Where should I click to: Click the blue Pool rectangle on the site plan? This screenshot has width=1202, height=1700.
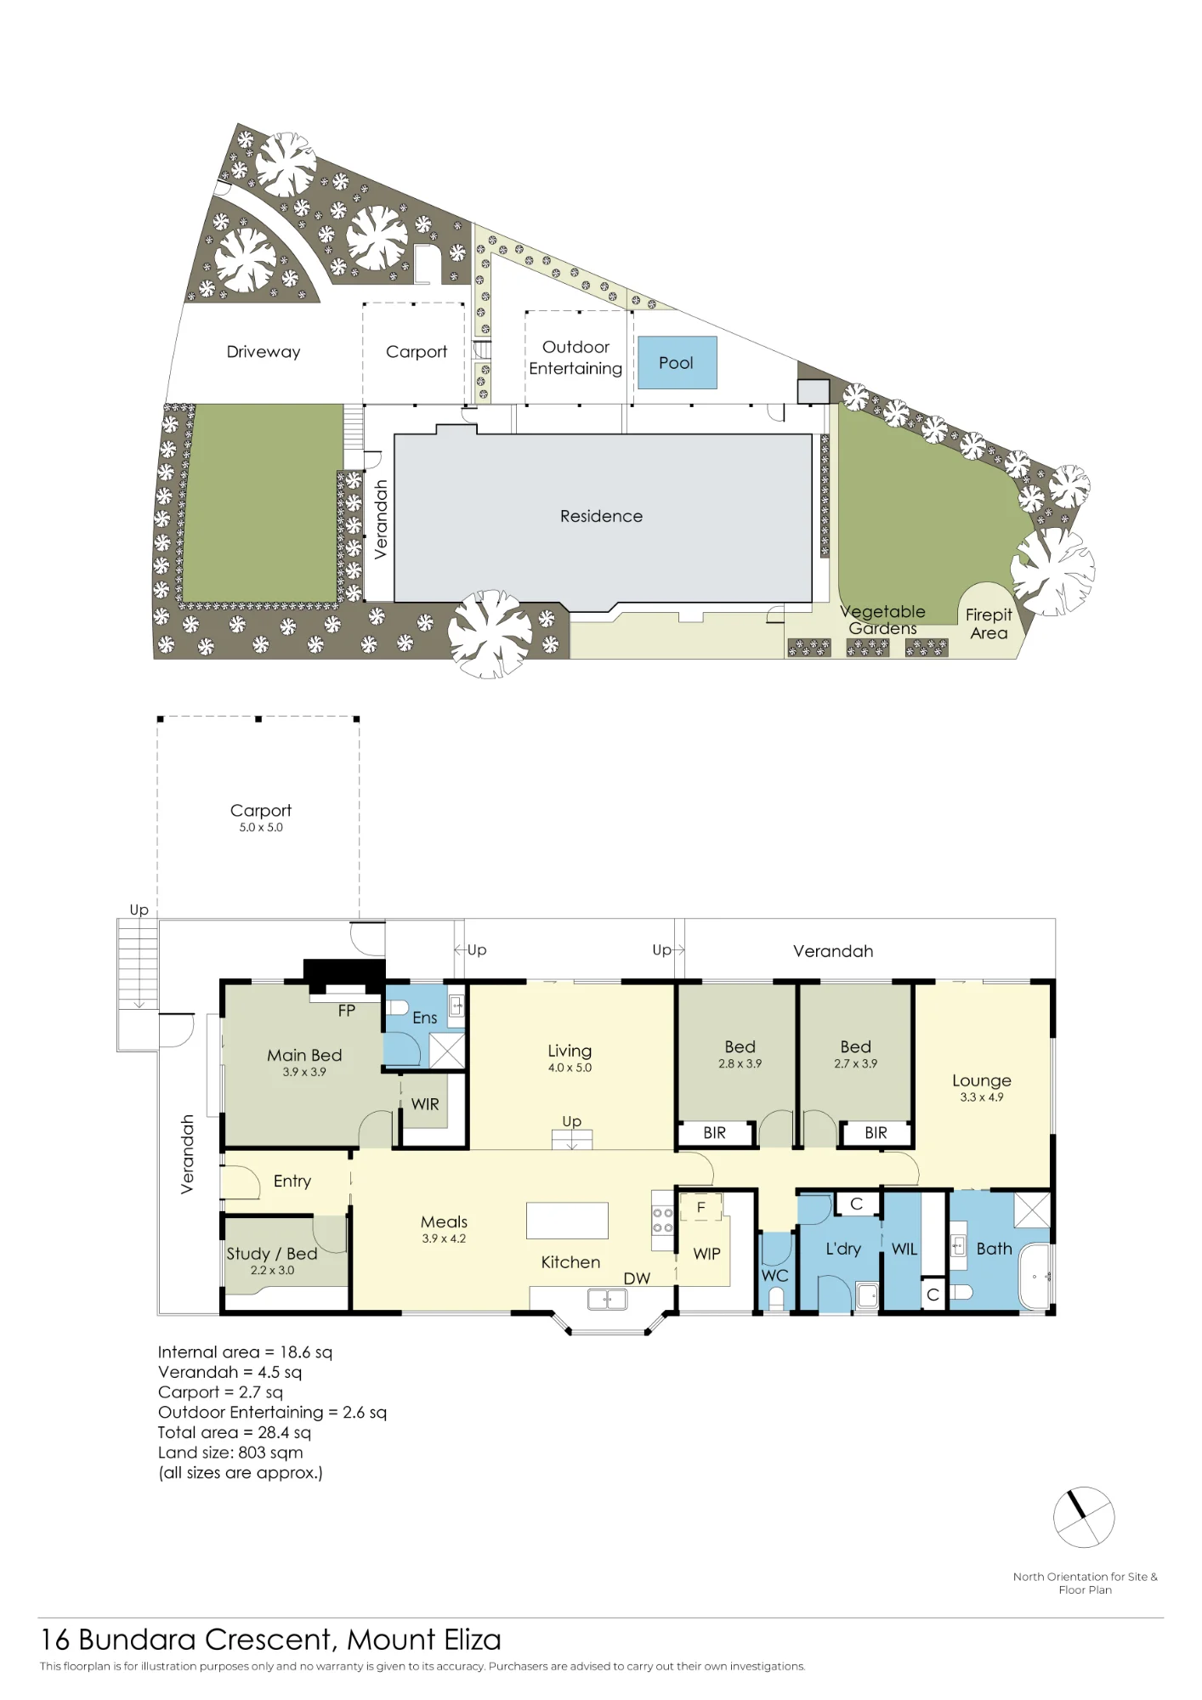(677, 363)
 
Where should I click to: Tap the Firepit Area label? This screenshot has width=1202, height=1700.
(989, 624)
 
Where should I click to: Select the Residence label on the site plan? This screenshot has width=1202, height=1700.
(601, 516)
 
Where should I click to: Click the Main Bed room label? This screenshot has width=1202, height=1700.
(304, 1055)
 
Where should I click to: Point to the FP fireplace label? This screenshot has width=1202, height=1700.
(347, 1011)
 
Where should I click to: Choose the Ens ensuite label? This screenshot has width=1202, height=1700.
(425, 1017)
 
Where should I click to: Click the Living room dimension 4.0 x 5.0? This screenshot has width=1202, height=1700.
(570, 1068)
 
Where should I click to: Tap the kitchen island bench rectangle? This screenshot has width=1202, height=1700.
(567, 1221)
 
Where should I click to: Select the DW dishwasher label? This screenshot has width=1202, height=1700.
(637, 1278)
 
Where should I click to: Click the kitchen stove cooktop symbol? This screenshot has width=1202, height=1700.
(663, 1221)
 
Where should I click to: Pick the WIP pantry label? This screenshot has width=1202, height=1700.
(706, 1254)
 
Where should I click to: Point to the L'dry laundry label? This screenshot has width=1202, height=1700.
(843, 1249)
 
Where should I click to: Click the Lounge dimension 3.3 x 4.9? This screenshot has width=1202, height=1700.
(982, 1097)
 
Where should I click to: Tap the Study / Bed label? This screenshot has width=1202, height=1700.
(272, 1254)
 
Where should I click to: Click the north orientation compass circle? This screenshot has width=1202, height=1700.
(1084, 1517)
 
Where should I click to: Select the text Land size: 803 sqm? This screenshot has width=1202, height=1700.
(230, 1453)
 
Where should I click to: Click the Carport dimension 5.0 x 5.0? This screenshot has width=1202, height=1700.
(261, 827)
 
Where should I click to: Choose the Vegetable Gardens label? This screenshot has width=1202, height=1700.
(882, 620)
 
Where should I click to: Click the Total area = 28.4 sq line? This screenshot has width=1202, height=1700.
(235, 1432)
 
